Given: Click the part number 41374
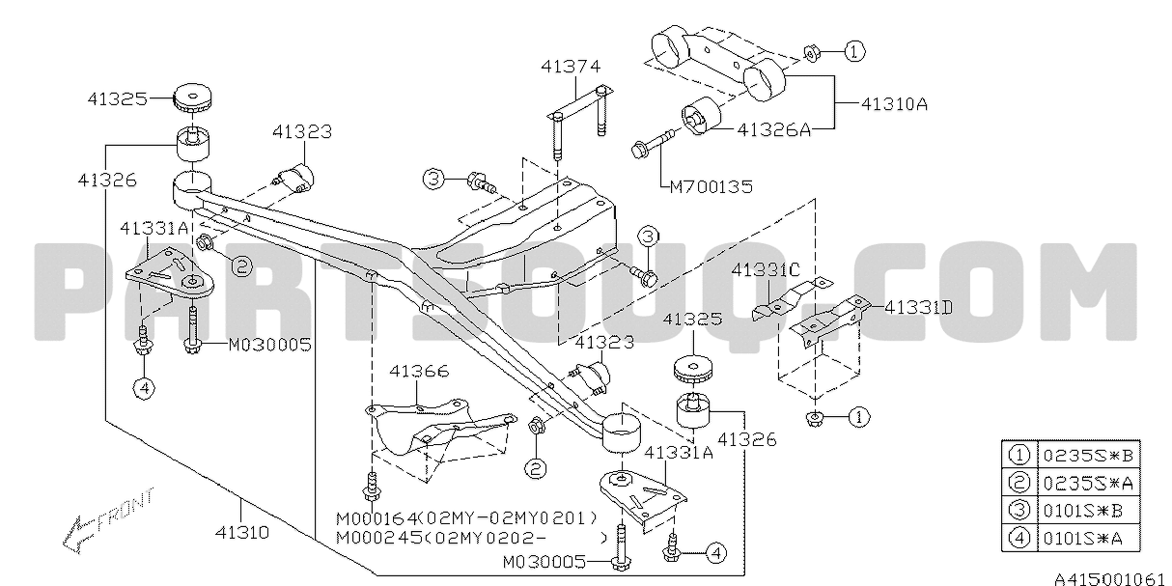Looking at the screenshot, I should point(570,67).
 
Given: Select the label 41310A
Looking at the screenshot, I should point(892,103).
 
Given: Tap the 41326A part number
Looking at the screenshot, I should point(775,126).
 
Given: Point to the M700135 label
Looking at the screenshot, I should point(711,186).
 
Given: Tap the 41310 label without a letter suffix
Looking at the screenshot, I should point(241,532).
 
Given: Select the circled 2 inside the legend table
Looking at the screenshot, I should point(1018,481).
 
